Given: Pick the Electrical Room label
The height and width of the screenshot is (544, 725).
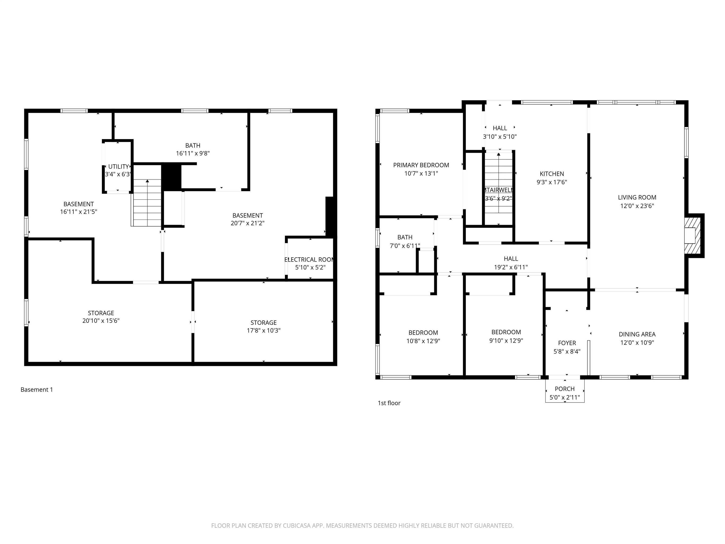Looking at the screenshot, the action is pyautogui.click(x=309, y=260).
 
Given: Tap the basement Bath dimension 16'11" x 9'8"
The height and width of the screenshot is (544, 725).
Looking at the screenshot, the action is pyautogui.click(x=193, y=153).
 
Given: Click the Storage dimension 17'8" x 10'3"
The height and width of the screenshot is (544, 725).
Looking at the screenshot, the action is pyautogui.click(x=264, y=331).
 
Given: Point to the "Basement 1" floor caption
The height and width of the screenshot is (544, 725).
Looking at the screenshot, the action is pyautogui.click(x=37, y=390).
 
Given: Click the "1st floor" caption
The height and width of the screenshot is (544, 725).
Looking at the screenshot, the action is pyautogui.click(x=389, y=403).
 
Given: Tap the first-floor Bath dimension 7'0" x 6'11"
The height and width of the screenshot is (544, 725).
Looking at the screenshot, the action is pyautogui.click(x=405, y=246).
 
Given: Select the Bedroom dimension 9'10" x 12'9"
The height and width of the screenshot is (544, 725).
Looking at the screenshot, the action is pyautogui.click(x=506, y=341).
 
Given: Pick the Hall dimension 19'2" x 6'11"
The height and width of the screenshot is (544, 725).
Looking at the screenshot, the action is pyautogui.click(x=511, y=267).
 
